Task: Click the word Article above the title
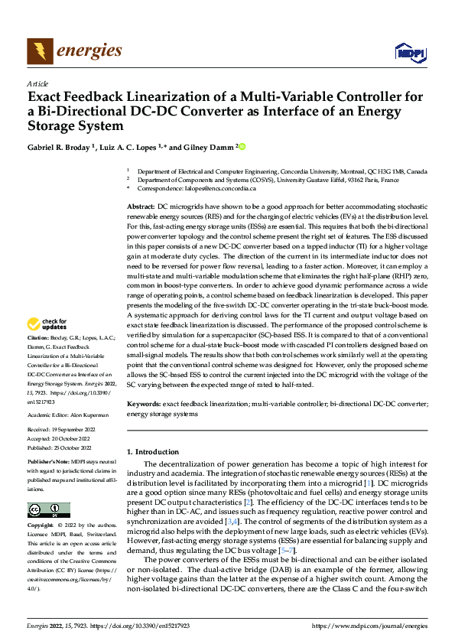pos(37,83)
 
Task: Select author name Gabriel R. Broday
pos(59,147)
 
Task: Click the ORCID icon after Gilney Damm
pos(242,147)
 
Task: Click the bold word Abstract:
pos(141,207)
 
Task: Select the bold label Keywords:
pos(144,402)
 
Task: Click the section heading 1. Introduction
pos(152,452)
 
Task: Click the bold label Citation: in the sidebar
pos(39,358)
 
